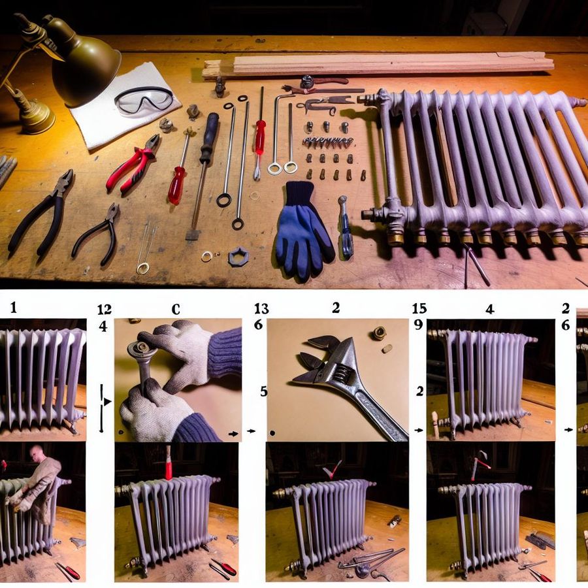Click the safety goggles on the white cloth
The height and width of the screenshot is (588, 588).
pyautogui.click(x=144, y=99)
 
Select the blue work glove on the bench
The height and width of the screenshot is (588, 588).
pyautogui.click(x=303, y=231)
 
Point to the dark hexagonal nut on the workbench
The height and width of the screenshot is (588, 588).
pyautogui.click(x=238, y=257)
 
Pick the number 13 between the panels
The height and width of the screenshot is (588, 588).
pyautogui.click(x=261, y=308)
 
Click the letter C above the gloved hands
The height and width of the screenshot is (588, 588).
pyautogui.click(x=176, y=310)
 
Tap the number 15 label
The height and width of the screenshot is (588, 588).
pyautogui.click(x=419, y=308)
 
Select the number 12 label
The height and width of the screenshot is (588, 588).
pyautogui.click(x=105, y=310)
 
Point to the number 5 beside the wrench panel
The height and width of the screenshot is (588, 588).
pyautogui.click(x=264, y=391)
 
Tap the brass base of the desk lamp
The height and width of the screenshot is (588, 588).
pyautogui.click(x=35, y=116)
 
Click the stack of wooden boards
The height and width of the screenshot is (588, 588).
pyautogui.click(x=378, y=65)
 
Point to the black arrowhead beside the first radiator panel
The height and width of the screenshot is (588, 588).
pyautogui.click(x=108, y=402)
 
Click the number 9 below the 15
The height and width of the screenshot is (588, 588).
pyautogui.click(x=419, y=324)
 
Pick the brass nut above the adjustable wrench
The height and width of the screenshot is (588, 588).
pyautogui.click(x=380, y=333)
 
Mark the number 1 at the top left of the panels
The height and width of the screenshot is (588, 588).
pyautogui.click(x=14, y=308)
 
